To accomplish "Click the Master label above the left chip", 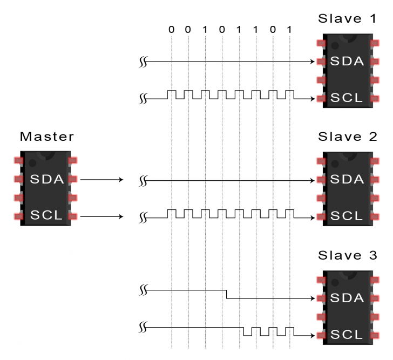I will [46, 137].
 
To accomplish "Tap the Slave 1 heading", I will [347, 19].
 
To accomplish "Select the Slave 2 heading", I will [347, 137].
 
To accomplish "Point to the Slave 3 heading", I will [347, 255].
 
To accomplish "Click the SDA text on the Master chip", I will [47, 179].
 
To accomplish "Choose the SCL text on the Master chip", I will [47, 216].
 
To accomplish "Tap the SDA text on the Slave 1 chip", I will [347, 62].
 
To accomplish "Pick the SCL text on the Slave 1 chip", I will [347, 98].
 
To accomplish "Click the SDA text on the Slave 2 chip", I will [347, 179].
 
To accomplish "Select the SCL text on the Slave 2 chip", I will [347, 216].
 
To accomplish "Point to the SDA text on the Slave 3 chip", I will [347, 297].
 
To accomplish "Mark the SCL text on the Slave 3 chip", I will [347, 334].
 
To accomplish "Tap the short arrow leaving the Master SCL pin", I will [103, 217].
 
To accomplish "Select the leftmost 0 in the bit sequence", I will [171, 29].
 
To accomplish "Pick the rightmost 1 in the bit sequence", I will [289, 29].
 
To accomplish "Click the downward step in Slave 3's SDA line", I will [226, 294].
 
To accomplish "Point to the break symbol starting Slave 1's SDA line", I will [143, 63].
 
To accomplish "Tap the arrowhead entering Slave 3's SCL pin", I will [313, 335].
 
